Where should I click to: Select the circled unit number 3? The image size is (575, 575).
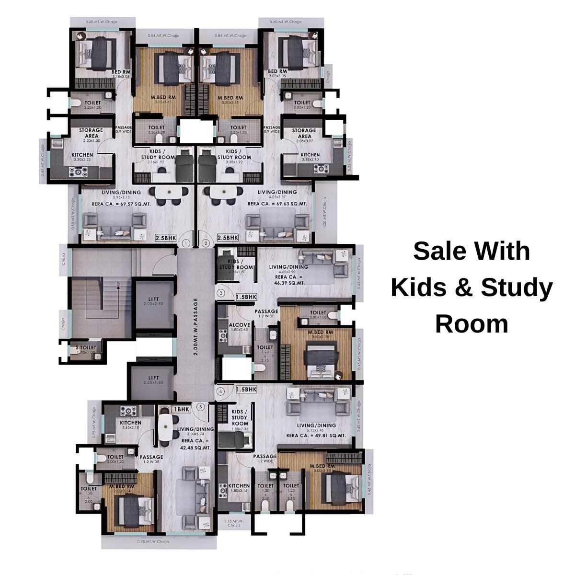[x=221, y=293]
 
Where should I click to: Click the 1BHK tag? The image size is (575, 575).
[x=182, y=409]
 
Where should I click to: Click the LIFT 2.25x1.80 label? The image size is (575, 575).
[x=153, y=380]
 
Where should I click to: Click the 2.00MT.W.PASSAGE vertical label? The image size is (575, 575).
[x=195, y=327]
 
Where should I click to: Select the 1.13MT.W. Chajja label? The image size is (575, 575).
[x=234, y=523]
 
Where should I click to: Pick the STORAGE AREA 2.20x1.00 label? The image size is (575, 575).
[x=91, y=135]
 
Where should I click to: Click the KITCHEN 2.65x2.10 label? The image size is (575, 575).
[x=130, y=425]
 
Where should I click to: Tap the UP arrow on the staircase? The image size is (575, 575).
[x=117, y=287]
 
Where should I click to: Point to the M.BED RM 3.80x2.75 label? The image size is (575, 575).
[x=321, y=334]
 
